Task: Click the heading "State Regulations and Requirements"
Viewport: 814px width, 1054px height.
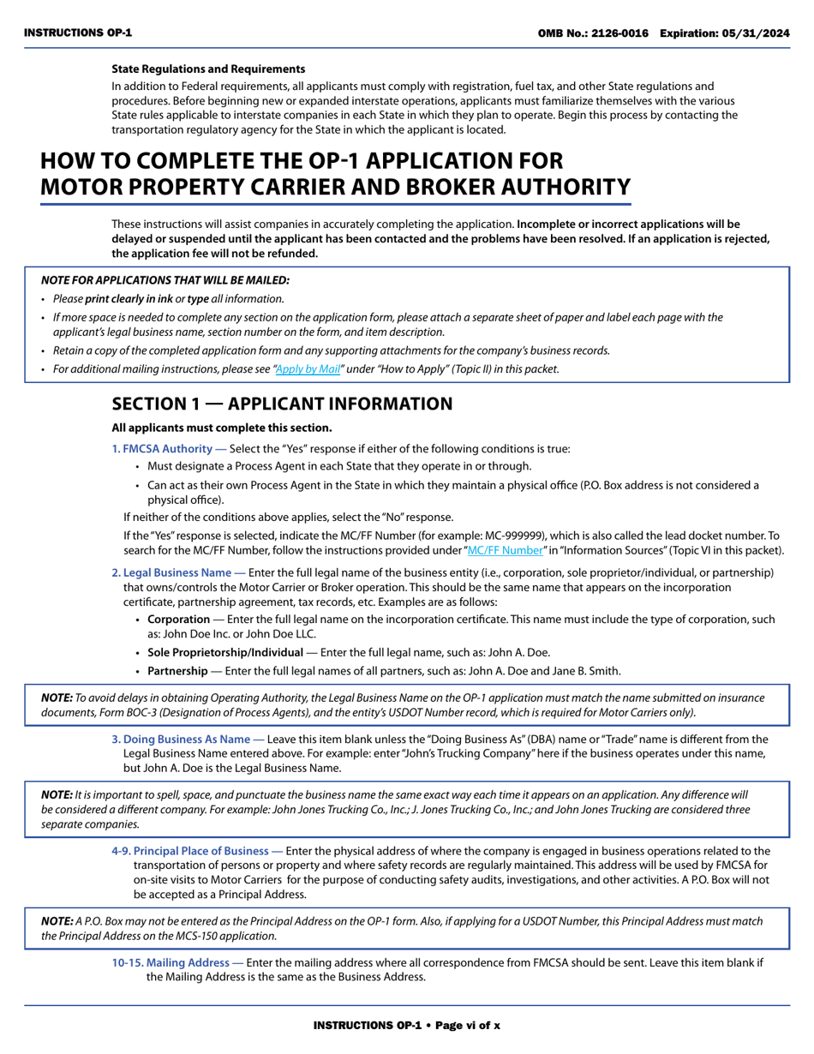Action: point(208,69)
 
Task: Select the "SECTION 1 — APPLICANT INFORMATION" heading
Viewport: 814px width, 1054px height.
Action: point(282,404)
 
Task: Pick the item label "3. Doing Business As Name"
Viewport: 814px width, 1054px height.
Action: point(186,739)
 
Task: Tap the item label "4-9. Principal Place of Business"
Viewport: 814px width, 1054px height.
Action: point(197,851)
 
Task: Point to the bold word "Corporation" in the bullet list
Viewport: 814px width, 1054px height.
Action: point(178,619)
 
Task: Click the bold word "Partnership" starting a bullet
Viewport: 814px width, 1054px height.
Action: point(177,671)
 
